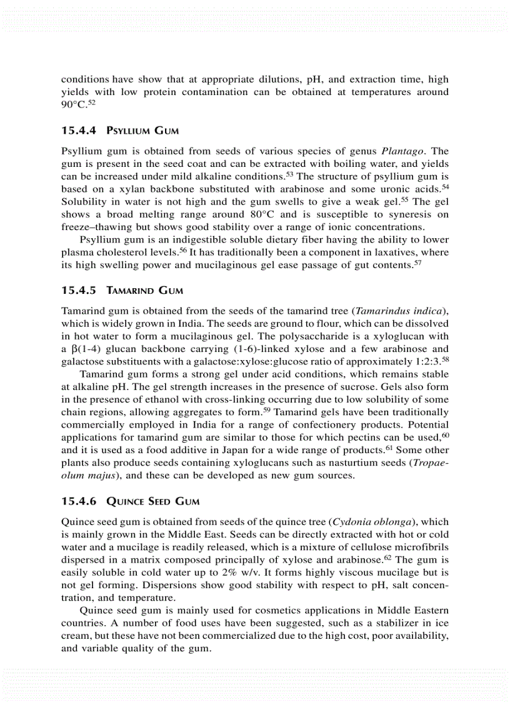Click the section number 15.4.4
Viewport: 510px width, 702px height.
click(78, 131)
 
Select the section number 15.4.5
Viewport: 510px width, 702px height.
click(78, 291)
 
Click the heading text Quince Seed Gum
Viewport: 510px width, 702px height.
click(144, 501)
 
